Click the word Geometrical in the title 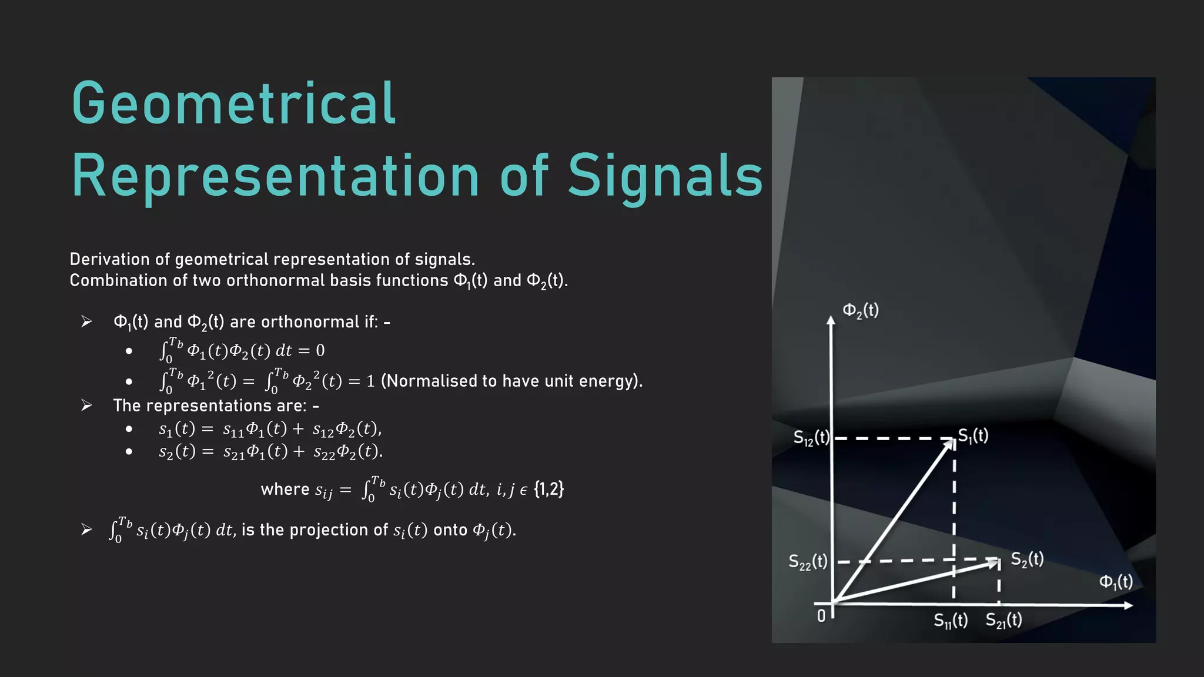234,105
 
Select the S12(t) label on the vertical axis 811,438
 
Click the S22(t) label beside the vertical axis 808,562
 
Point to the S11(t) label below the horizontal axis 951,621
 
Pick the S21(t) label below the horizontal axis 1004,621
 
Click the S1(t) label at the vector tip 973,435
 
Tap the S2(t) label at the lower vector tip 1027,559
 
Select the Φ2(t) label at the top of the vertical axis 861,310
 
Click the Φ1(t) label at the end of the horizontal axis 1116,582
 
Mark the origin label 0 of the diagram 821,616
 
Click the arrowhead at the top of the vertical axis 831,320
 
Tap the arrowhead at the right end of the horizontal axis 1128,605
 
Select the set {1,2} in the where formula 549,489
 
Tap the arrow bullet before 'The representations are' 87,405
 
